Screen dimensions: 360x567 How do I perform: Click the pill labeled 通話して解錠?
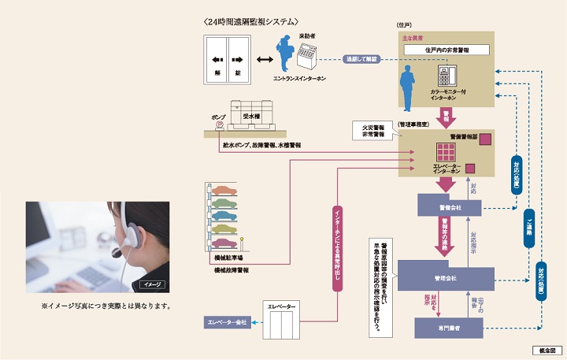[x=362, y=58]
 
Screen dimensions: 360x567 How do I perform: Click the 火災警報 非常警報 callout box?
[x=376, y=129]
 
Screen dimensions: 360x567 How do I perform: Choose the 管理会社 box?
[x=446, y=278]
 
